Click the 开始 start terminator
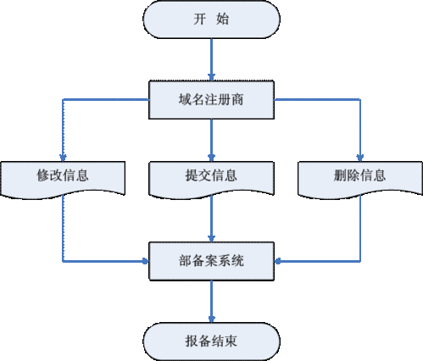click(211, 19)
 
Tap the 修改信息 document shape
click(64, 176)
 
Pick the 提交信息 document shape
click(211, 176)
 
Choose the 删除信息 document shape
click(360, 176)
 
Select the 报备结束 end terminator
click(211, 340)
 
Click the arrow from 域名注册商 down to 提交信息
click(211, 136)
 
